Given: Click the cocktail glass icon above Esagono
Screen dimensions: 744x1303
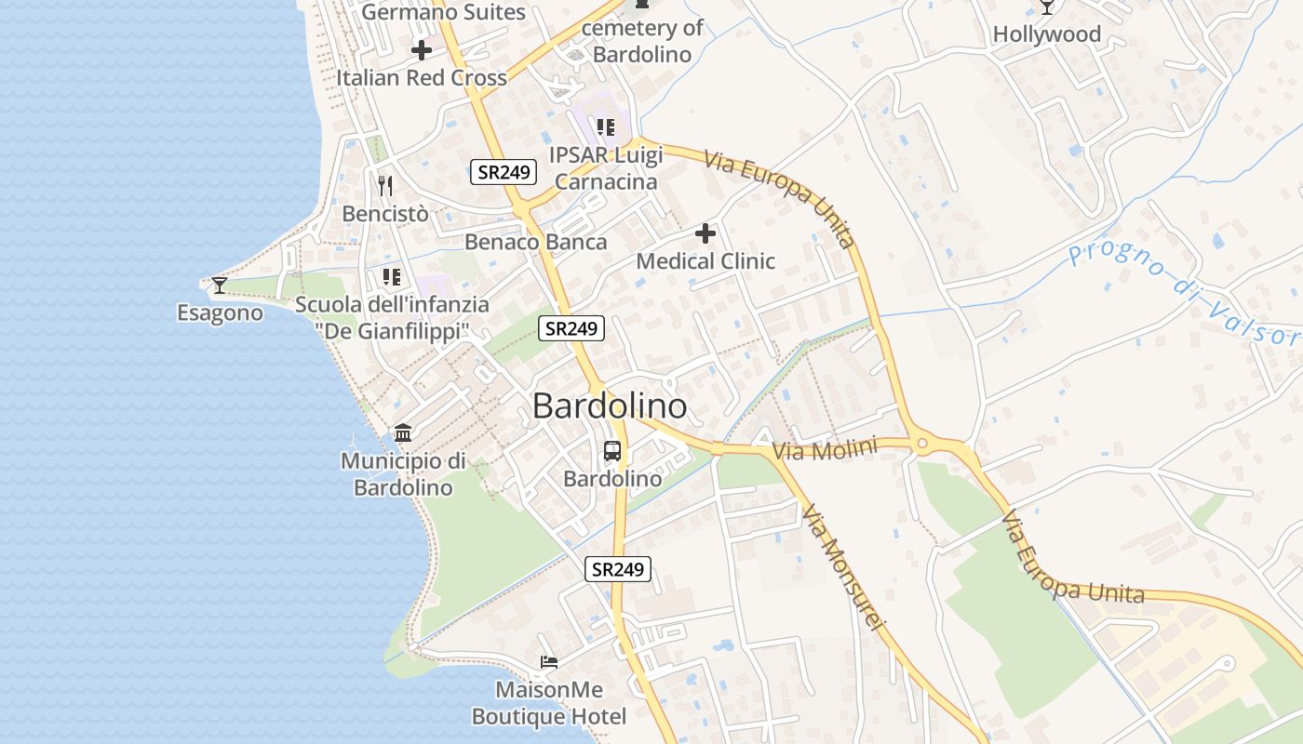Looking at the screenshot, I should (x=219, y=285).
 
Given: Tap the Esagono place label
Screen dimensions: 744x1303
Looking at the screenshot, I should (x=220, y=312).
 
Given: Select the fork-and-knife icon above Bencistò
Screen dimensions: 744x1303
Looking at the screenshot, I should (x=385, y=186).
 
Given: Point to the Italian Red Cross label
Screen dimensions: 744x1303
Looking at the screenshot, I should (x=422, y=78).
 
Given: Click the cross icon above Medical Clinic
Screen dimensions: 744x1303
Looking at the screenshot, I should (x=705, y=233).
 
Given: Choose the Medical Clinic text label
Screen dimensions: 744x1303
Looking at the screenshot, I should (x=705, y=261).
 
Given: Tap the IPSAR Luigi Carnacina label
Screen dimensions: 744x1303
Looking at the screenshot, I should (x=605, y=167).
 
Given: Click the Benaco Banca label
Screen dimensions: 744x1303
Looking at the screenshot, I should (x=535, y=243).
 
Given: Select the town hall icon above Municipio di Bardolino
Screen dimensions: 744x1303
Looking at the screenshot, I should (x=403, y=432).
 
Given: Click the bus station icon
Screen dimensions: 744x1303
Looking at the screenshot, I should (x=612, y=451).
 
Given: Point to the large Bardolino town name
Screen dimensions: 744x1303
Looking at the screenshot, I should (x=610, y=406).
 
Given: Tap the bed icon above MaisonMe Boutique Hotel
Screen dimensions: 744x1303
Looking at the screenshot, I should (x=549, y=662).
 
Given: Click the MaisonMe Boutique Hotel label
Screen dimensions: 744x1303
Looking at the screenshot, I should (x=549, y=703).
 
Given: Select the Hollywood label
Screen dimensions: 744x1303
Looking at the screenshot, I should (x=1047, y=34).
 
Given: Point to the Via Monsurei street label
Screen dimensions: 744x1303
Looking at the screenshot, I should (x=841, y=569).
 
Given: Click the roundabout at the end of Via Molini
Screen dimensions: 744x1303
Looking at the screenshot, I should (x=921, y=444).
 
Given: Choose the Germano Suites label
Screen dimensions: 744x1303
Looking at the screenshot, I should (x=444, y=12).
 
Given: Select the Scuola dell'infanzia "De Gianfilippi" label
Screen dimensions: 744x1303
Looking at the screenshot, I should (x=392, y=317).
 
